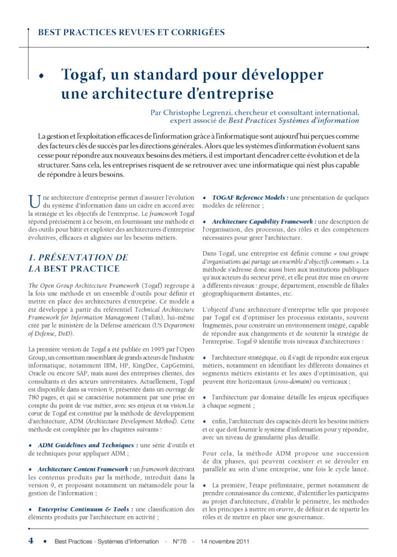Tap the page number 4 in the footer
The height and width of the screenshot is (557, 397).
(30, 541)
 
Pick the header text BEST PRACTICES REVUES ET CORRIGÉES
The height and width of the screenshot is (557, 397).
(131, 32)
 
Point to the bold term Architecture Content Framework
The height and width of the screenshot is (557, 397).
(84, 469)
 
